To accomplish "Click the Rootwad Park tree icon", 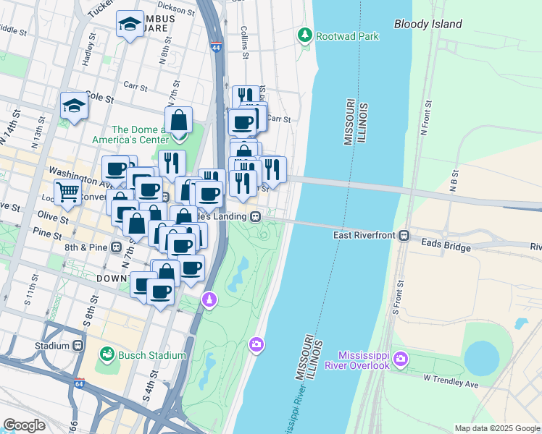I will click(x=305, y=34).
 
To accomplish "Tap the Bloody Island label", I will click(x=428, y=24).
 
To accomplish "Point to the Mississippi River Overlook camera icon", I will click(x=402, y=359).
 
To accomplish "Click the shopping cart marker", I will click(x=67, y=192).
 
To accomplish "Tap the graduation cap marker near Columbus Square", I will click(x=130, y=25).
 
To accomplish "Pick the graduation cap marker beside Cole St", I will click(x=74, y=106).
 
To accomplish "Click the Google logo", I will click(x=25, y=425).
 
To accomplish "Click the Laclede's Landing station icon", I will click(x=255, y=216).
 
